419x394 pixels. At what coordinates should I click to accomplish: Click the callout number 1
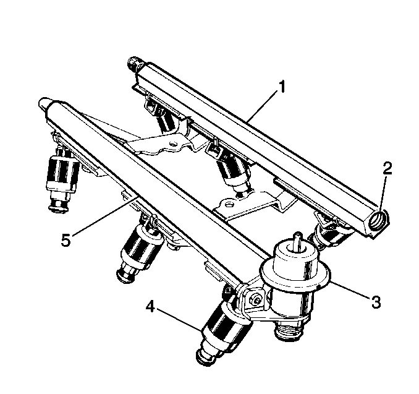click(x=281, y=87)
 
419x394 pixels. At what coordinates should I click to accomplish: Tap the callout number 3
click(x=376, y=301)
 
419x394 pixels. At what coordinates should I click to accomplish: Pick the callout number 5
click(x=66, y=239)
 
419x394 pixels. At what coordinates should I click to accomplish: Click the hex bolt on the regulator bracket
click(x=256, y=300)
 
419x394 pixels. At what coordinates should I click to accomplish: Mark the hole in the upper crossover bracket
click(x=174, y=145)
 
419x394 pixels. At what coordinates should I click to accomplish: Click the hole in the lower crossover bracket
click(x=229, y=205)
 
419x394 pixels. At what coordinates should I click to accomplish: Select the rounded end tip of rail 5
click(x=44, y=103)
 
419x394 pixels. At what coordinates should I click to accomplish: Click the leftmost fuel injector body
click(x=62, y=179)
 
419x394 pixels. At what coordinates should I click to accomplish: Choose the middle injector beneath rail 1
click(x=232, y=171)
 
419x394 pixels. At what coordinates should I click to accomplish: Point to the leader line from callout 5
click(x=106, y=215)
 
